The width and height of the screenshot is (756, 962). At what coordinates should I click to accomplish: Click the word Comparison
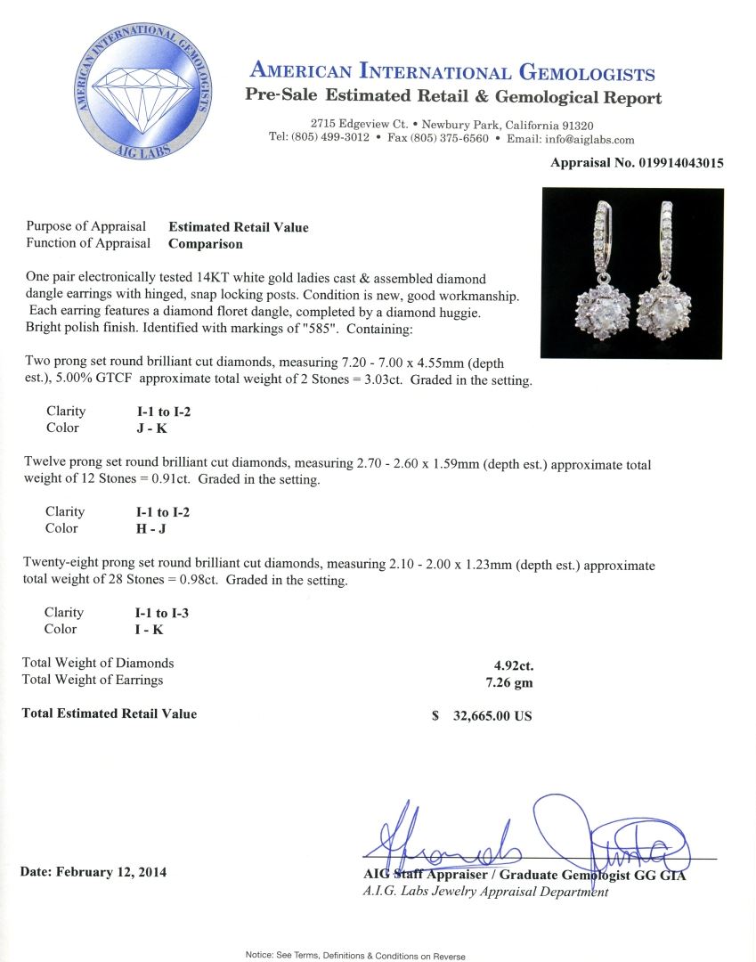[x=206, y=243]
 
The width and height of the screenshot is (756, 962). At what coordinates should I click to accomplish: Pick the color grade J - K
[x=145, y=428]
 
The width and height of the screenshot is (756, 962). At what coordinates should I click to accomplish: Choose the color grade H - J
[x=145, y=528]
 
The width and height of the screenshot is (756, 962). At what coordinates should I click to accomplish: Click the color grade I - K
[x=144, y=630]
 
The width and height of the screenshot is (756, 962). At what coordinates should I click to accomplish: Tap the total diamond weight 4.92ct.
[x=514, y=664]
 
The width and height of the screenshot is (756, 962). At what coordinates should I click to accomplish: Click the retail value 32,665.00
[x=490, y=715]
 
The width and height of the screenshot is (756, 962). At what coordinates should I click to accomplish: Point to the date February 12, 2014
[x=93, y=871]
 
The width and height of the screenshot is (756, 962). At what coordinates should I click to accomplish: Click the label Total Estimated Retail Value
[x=109, y=713]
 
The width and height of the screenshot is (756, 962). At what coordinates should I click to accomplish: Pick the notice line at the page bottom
[x=354, y=956]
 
